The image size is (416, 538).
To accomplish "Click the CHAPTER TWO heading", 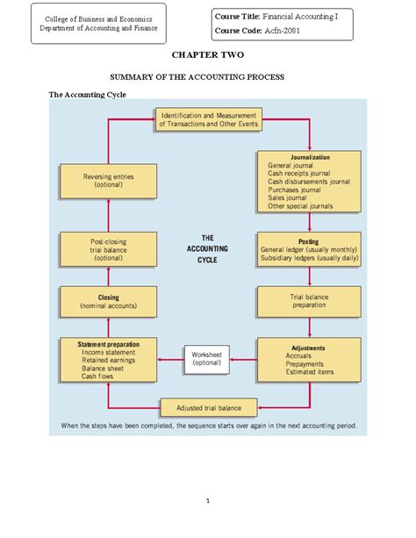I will click(x=208, y=54).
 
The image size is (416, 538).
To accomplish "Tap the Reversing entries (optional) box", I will click(x=108, y=182).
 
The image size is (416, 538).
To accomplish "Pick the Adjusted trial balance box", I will click(x=208, y=407).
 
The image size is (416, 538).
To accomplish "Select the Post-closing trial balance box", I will click(x=108, y=249).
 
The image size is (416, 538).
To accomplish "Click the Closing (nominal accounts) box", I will click(x=108, y=302).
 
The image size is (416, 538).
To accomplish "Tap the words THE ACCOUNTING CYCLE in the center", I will click(x=208, y=248).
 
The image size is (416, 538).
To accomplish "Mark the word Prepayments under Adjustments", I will click(x=305, y=364).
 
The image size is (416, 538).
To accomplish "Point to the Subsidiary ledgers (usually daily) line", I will click(x=308, y=258).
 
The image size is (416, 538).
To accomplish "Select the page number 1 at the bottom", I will click(x=208, y=502).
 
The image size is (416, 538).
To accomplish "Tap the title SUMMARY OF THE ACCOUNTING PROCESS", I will click(x=208, y=77).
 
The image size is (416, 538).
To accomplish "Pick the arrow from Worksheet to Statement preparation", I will click(x=169, y=358).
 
